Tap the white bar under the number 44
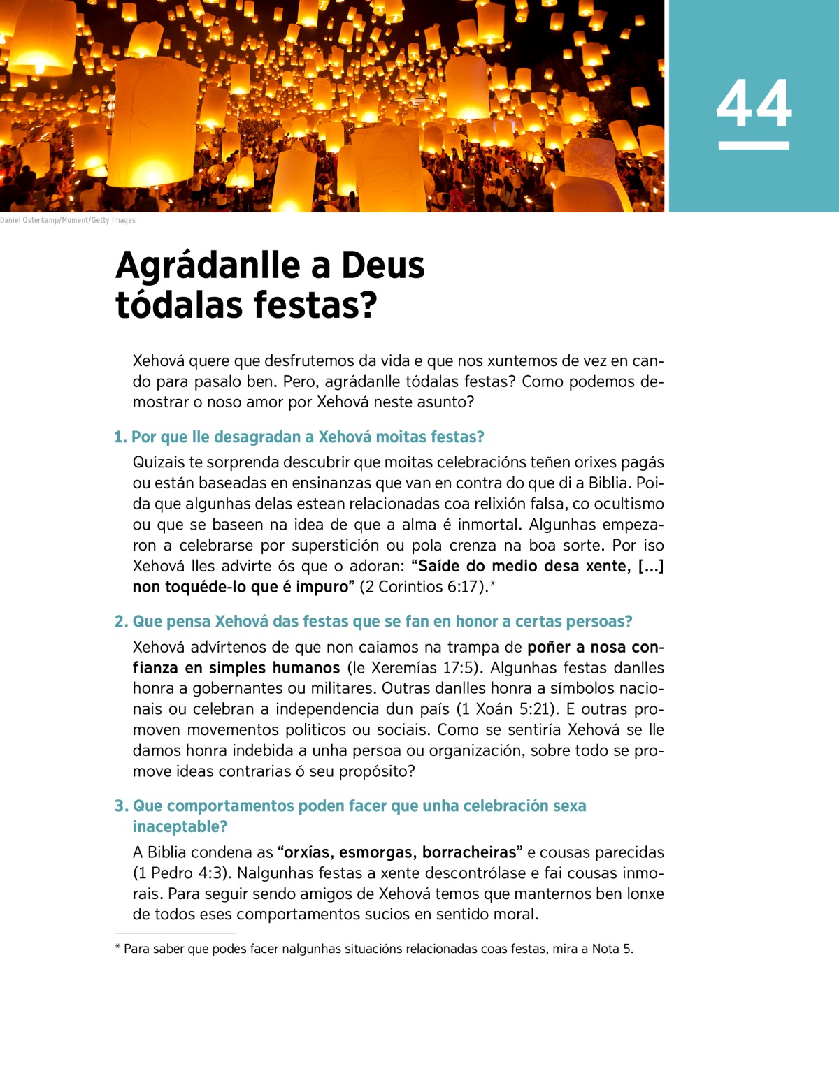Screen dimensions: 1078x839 point(754,145)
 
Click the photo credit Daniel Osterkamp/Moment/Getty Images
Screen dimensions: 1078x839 point(68,220)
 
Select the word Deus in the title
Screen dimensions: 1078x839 point(382,265)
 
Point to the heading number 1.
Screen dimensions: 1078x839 point(120,437)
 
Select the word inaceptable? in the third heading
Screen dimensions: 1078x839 point(180,826)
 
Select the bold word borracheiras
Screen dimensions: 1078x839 point(469,852)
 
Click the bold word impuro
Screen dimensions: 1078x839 point(322,587)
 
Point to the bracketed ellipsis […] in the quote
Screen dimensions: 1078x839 point(650,566)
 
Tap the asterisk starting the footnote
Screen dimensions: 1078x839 point(117,948)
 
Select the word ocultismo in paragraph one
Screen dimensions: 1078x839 point(627,504)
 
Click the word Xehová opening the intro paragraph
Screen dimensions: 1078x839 point(159,361)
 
